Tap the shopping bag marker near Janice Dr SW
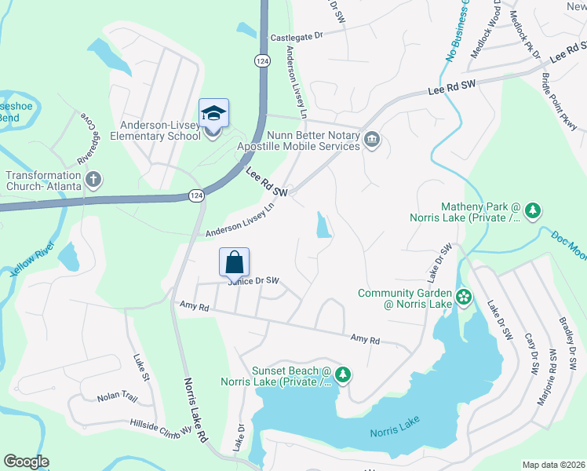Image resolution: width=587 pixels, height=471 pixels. pos(235,264)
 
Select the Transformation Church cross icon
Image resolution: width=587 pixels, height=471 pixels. pos(93,180)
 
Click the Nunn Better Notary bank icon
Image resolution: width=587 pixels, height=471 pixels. pos(373,141)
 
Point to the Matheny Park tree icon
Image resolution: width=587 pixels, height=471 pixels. pos(533,210)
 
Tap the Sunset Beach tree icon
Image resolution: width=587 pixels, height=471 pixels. pos(342,374)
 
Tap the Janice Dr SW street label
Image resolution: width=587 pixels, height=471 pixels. pos(254,281)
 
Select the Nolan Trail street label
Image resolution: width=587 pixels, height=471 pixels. pos(117,397)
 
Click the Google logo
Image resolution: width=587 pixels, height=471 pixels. pos(26,462)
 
